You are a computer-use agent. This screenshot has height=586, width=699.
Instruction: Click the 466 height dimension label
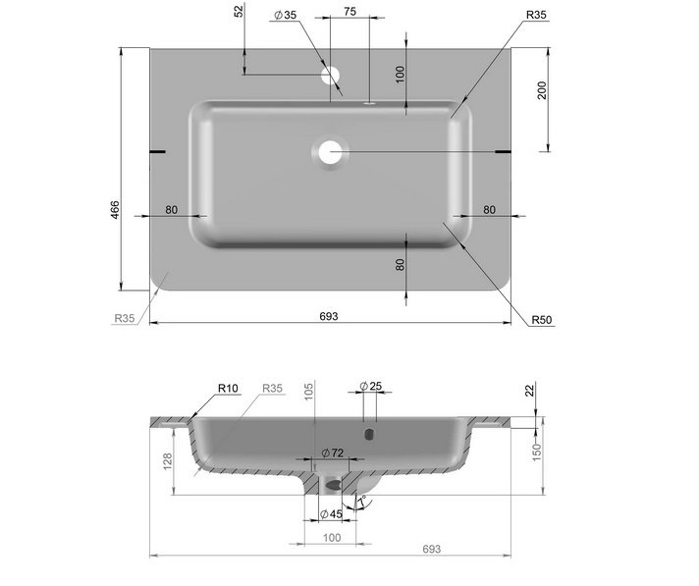click(115, 210)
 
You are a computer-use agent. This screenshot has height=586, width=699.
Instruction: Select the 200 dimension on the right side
click(542, 90)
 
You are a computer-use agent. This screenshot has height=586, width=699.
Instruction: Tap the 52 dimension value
click(240, 11)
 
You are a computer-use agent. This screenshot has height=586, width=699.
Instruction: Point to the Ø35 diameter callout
click(286, 15)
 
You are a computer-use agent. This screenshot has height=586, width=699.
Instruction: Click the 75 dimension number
click(350, 12)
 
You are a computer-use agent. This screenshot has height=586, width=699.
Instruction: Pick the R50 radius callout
click(541, 320)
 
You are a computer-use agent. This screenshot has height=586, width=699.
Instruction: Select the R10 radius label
click(228, 388)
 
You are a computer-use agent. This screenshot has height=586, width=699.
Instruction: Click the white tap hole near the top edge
click(330, 76)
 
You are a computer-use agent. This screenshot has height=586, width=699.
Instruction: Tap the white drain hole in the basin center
click(330, 152)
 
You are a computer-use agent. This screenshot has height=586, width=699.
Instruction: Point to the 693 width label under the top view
click(329, 316)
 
